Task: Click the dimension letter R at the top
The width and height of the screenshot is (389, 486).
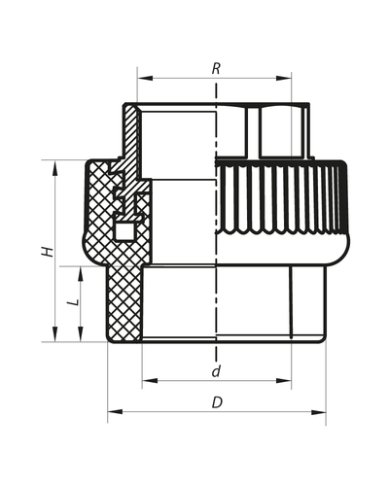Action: point(215,69)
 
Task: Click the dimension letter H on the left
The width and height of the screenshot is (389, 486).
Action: point(45,251)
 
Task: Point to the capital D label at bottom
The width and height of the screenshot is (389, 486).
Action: point(215,401)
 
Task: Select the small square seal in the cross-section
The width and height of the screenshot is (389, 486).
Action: point(124,231)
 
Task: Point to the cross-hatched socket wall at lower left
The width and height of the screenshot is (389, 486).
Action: point(122,301)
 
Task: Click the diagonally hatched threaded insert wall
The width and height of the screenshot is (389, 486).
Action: point(131,131)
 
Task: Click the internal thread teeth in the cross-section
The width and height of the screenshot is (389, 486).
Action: point(124,190)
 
